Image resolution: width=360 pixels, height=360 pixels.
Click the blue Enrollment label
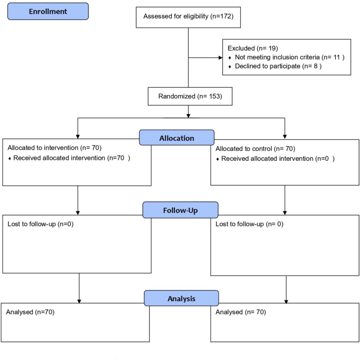click(x=48, y=11)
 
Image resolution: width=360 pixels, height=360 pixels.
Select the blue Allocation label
click(x=177, y=138)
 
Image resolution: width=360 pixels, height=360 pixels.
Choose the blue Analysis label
click(x=181, y=299)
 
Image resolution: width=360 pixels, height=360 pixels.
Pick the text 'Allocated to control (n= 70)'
click(x=256, y=149)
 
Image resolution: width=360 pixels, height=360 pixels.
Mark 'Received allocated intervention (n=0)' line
click(x=277, y=158)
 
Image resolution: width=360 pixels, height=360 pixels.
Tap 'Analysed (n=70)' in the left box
click(x=30, y=312)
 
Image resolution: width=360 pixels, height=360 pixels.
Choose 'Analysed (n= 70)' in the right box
click(x=241, y=312)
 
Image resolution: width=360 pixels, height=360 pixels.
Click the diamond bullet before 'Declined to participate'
click(x=230, y=67)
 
